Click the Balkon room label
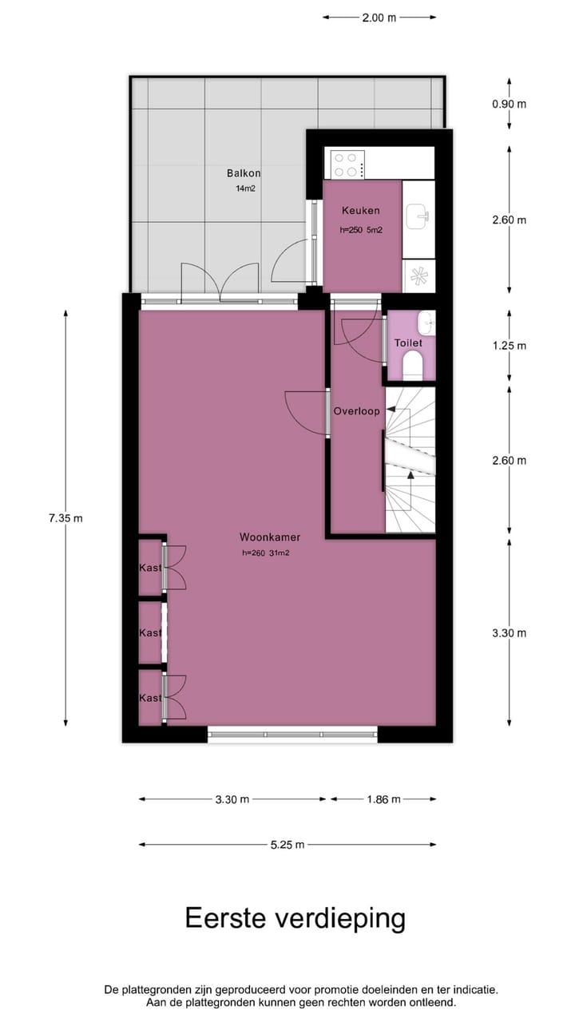(244, 173)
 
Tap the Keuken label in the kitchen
(360, 211)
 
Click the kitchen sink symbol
(418, 215)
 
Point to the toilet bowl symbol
(413, 367)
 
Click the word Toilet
(408, 343)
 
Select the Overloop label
(356, 412)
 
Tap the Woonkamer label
(270, 537)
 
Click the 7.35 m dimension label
(65, 518)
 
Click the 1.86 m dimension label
(383, 799)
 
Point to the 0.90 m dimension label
(510, 104)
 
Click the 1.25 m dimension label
(510, 347)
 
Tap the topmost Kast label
(150, 568)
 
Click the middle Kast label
(150, 633)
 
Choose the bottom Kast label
(150, 698)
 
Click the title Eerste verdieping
(295, 918)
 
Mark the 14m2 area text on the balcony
(245, 189)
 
